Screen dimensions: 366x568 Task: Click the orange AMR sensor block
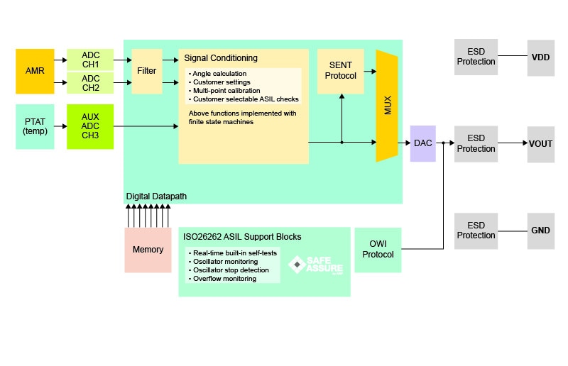click(35, 72)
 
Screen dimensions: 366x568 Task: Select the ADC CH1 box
click(90, 60)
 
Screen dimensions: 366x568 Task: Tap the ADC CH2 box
click(90, 83)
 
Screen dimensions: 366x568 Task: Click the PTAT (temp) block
click(35, 126)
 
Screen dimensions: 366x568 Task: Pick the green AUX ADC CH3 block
click(90, 126)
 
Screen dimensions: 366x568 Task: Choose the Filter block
click(147, 72)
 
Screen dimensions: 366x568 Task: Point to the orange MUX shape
click(387, 106)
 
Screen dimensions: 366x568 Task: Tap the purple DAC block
click(422, 143)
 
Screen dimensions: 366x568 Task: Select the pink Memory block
click(148, 250)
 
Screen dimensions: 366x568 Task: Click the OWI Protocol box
click(377, 250)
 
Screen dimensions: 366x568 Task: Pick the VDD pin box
click(540, 57)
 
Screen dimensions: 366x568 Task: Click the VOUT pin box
click(540, 144)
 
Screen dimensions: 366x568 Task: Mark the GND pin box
click(540, 231)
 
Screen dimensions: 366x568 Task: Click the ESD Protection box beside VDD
click(476, 57)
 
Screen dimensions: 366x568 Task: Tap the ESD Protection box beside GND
click(476, 231)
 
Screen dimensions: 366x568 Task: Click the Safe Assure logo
click(316, 265)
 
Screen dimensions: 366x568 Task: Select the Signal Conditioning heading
click(221, 58)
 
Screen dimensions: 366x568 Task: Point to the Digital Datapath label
click(157, 196)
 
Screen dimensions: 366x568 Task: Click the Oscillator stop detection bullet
click(231, 270)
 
